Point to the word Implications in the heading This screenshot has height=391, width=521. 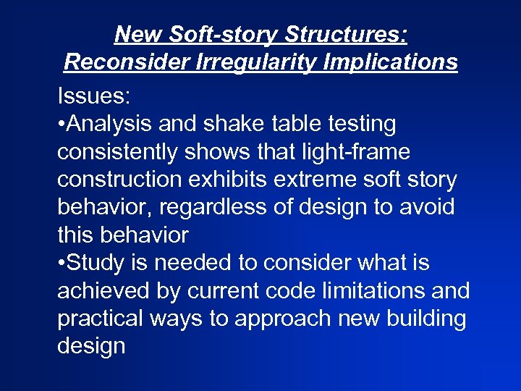[388, 62]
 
